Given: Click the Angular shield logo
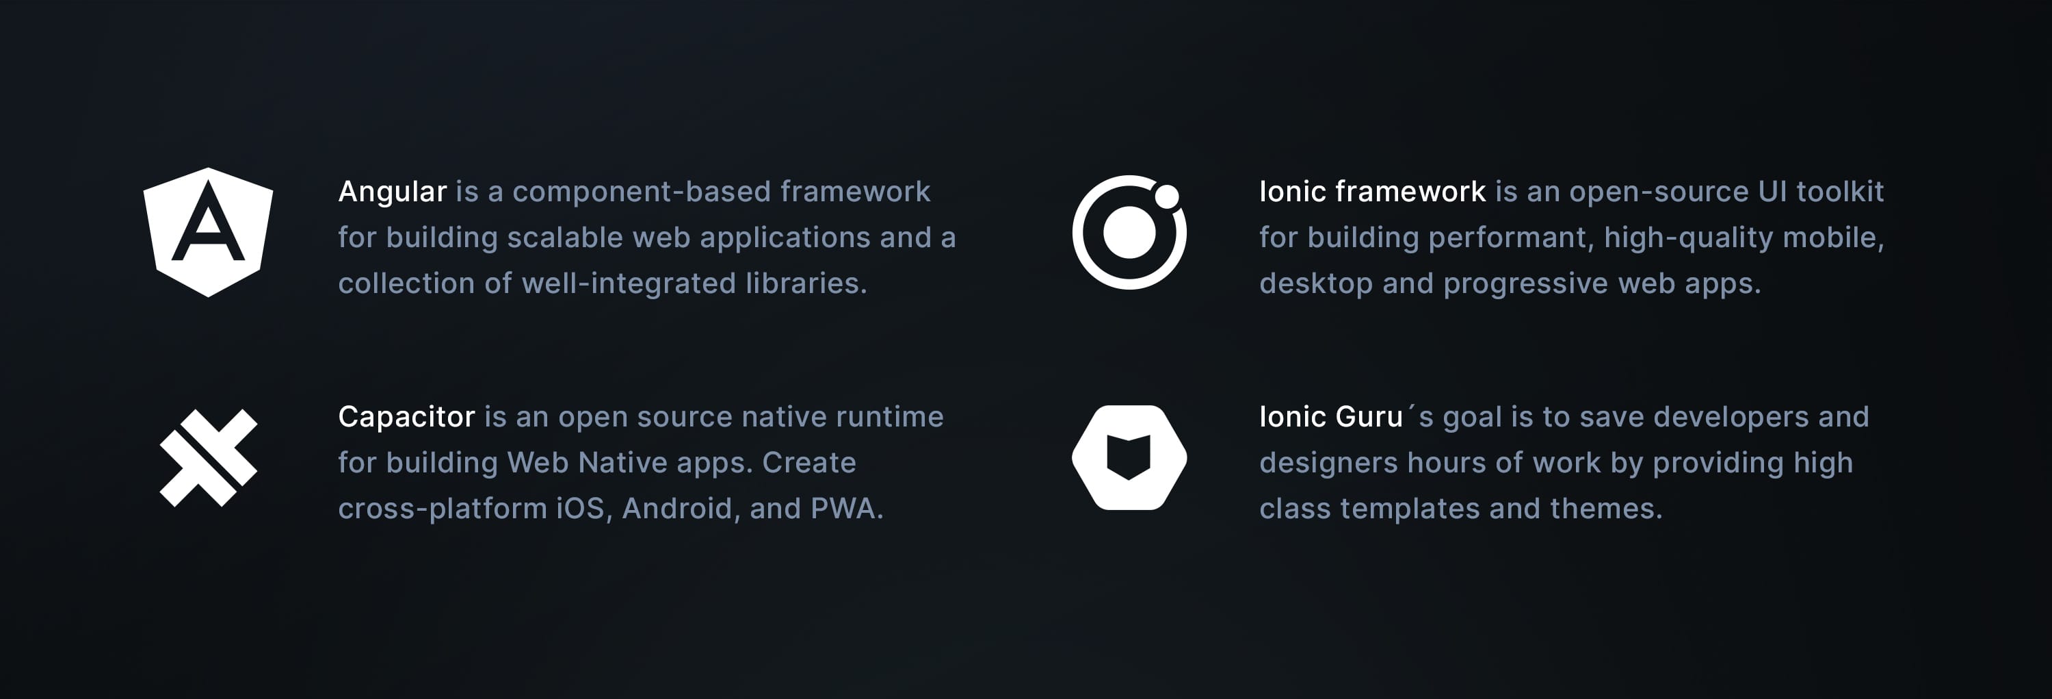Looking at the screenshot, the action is [x=208, y=232].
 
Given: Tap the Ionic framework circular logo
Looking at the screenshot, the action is [x=1129, y=232].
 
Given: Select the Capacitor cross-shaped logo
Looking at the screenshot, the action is [x=209, y=457].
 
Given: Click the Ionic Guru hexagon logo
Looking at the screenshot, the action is [x=1129, y=457].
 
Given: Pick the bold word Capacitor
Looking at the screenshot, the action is [x=406, y=417].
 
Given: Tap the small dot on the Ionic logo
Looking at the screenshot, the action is [x=1167, y=196].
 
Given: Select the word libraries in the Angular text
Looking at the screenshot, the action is [x=805, y=283].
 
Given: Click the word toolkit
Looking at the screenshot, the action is [x=1839, y=191].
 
